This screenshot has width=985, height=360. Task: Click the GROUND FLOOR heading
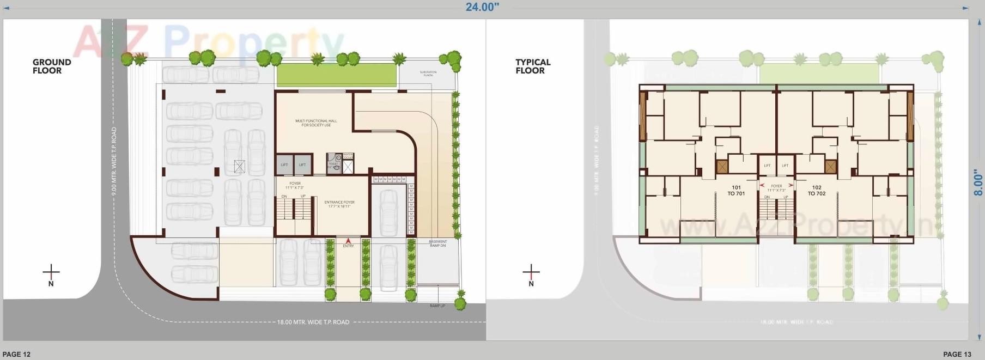(x=52, y=66)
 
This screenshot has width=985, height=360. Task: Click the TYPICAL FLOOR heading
(x=533, y=66)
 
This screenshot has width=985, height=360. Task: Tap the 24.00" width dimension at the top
(x=482, y=7)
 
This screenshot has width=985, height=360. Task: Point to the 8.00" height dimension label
(x=978, y=182)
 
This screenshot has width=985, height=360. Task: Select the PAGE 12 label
(x=16, y=354)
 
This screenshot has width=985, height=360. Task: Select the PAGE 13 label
(x=957, y=354)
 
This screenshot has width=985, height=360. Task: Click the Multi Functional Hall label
(x=316, y=123)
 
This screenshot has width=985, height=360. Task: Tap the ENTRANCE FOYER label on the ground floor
(x=339, y=204)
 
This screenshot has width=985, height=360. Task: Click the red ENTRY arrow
(x=349, y=240)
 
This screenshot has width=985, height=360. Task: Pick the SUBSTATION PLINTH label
(x=428, y=74)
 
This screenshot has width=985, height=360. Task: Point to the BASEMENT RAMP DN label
(x=437, y=243)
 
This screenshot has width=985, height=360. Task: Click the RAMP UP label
(x=437, y=306)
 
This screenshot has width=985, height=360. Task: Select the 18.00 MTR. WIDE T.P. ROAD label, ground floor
(x=313, y=322)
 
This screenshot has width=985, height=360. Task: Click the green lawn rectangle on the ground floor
(x=336, y=75)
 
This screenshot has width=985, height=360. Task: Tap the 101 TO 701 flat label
(x=736, y=190)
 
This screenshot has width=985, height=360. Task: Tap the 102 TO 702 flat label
(x=816, y=190)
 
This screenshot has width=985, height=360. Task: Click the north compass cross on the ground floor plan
(x=51, y=271)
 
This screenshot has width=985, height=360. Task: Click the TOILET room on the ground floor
(x=333, y=166)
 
